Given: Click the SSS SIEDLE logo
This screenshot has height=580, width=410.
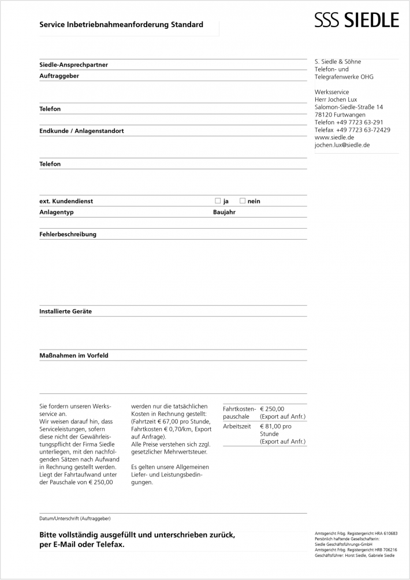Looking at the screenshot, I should coord(356,21).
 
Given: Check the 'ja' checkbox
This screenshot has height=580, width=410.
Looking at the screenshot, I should coord(218,201).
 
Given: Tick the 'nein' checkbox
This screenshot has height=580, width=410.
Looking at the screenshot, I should coord(243,201).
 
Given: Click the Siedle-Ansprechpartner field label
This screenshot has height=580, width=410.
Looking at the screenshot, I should coord(73,65).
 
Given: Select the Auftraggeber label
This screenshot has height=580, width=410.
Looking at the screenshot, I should coord(59,76).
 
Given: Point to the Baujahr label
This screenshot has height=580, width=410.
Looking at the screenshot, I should coord(224,212).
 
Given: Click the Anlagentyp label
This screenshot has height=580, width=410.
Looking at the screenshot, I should coord(57,212).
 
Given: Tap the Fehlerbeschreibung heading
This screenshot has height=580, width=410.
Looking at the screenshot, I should coord(68,235).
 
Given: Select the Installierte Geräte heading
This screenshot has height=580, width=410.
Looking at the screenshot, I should coord(65,311).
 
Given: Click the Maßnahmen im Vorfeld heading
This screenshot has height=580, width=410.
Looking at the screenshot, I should coord(73,355).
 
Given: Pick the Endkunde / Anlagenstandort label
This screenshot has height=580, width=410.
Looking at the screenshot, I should coord(81,131).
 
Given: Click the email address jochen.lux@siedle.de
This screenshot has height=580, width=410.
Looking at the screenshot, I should coord(342,145).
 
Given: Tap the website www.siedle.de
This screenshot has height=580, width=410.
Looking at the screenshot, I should coord(334,137).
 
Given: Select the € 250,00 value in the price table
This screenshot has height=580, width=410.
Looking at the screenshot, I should coord(272,409).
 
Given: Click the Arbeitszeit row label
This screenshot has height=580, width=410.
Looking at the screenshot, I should coord(237,426).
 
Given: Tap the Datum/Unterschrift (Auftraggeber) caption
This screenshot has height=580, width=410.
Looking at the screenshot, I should coord(74,518).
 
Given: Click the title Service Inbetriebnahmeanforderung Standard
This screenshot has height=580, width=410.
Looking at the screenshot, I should coord(121,25).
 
